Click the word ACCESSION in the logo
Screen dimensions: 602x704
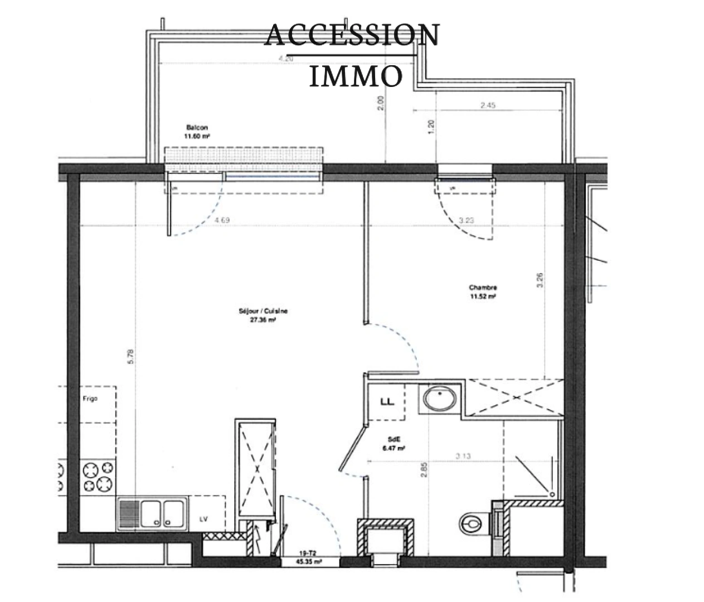[352, 35]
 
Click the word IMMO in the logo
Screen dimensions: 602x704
[355, 76]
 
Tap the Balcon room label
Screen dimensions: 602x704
[197, 128]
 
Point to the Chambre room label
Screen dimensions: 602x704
[483, 288]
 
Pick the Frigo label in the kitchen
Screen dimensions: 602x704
[89, 399]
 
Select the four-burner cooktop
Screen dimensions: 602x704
[99, 477]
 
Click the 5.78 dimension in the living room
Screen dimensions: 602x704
[130, 356]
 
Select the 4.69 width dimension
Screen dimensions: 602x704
[222, 220]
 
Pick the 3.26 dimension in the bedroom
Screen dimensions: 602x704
[540, 279]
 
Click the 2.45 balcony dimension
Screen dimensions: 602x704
[488, 105]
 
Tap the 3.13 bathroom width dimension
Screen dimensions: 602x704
[463, 456]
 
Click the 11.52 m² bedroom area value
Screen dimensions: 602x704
[483, 297]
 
